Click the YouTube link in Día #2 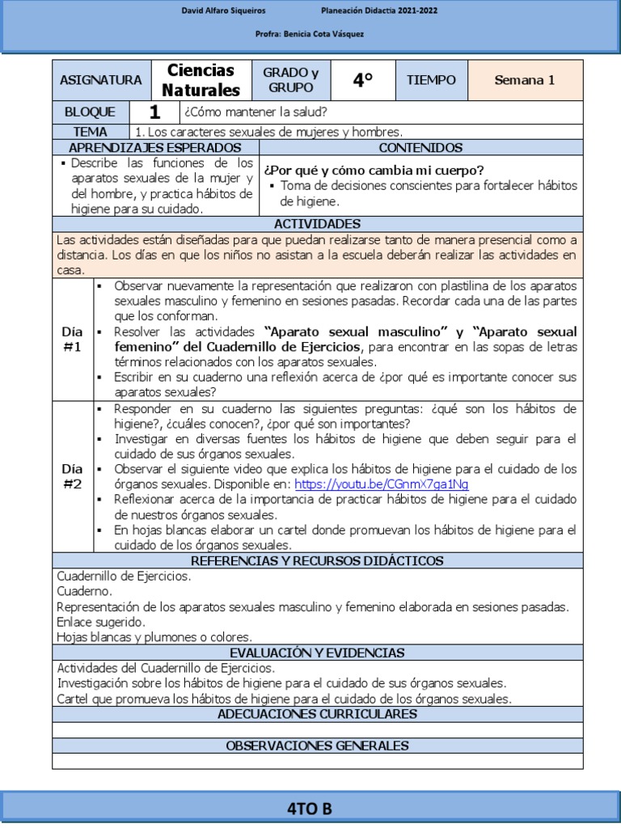382,484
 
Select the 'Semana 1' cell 525,80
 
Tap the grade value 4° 363,80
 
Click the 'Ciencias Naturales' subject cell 201,80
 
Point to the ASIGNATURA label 101,80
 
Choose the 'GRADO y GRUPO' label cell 291,80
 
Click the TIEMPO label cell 431,80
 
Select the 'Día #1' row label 72,340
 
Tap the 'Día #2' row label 72,476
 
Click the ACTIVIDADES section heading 317,224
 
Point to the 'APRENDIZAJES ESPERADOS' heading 155,148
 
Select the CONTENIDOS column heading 420,148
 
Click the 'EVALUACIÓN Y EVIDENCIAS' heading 317,653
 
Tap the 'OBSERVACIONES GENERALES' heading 317,746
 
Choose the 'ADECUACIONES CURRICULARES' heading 317,714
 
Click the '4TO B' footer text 310,809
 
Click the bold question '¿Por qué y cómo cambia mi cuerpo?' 374,170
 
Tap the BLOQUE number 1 154,112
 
